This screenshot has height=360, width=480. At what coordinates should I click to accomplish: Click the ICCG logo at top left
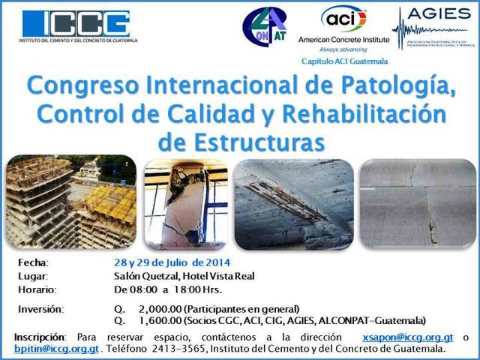coord(75,25)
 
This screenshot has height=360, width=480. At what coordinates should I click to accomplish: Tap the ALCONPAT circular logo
coord(264,27)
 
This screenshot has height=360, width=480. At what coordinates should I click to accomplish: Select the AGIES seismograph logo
coord(433,28)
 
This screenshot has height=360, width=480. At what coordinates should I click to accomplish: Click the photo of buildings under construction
coord(71,202)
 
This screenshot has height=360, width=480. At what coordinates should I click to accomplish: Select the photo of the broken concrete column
coord(185,203)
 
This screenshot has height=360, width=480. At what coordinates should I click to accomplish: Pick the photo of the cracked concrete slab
coord(418,203)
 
